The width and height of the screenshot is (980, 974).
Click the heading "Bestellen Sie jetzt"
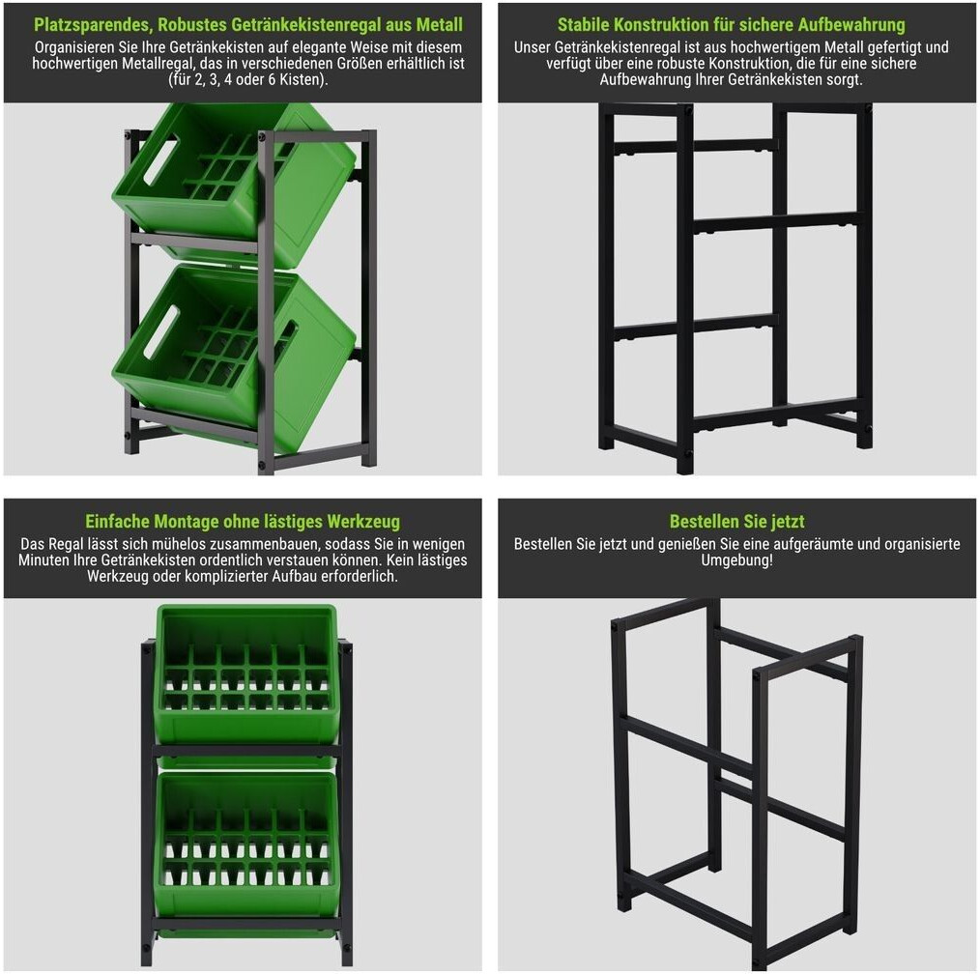[x=736, y=521]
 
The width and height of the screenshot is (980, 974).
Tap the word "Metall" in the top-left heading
[x=440, y=24]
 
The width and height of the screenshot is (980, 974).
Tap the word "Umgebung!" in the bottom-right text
[x=736, y=560]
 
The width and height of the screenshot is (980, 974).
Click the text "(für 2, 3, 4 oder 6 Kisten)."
[x=248, y=80]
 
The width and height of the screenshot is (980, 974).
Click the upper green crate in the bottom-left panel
[x=246, y=674]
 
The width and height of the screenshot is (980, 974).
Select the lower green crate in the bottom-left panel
[x=246, y=845]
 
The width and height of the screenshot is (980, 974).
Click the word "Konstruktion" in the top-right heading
[x=662, y=24]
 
